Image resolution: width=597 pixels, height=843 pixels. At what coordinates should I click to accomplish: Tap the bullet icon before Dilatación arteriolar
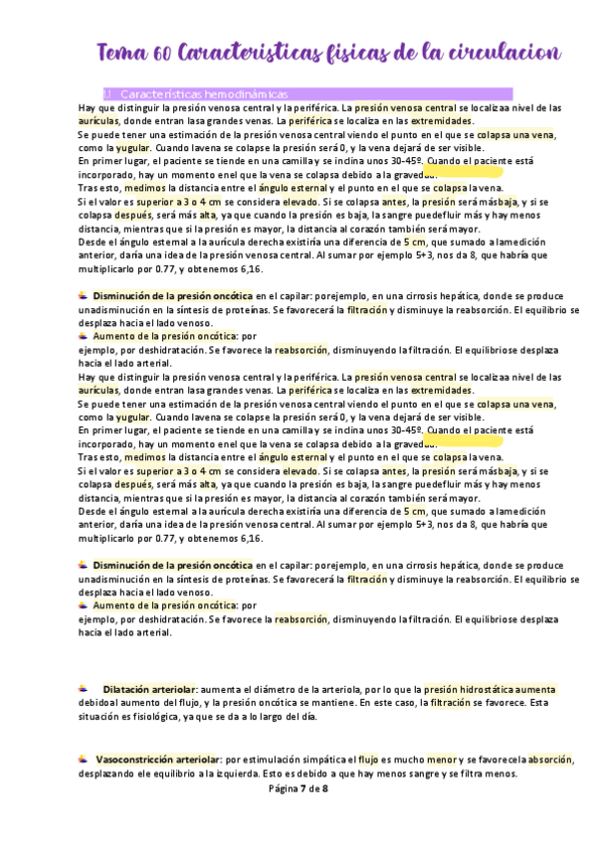coord(84,688)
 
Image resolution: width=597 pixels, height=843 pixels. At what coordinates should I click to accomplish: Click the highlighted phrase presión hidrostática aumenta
coord(490,689)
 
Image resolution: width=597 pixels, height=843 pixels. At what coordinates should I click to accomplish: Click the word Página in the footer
coord(286,788)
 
